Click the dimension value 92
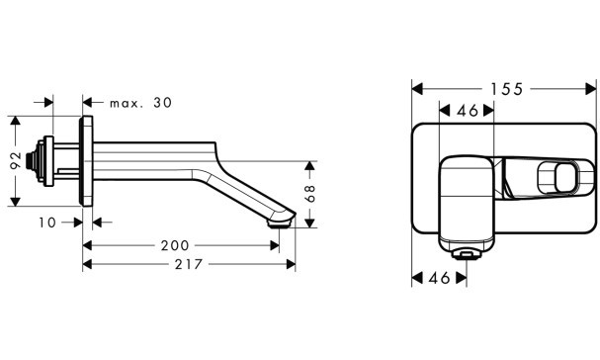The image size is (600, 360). pos(16,160)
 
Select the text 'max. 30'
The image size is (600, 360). pos(140,103)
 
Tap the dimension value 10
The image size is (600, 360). pos(47,223)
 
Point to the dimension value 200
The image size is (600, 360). pos(175,245)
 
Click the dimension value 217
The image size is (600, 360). pos(189,264)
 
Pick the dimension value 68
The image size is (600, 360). pos(310,194)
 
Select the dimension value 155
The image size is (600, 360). pos(507,89)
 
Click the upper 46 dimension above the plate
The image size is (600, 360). pos(468,111)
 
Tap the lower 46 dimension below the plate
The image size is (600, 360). pos(439,278)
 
